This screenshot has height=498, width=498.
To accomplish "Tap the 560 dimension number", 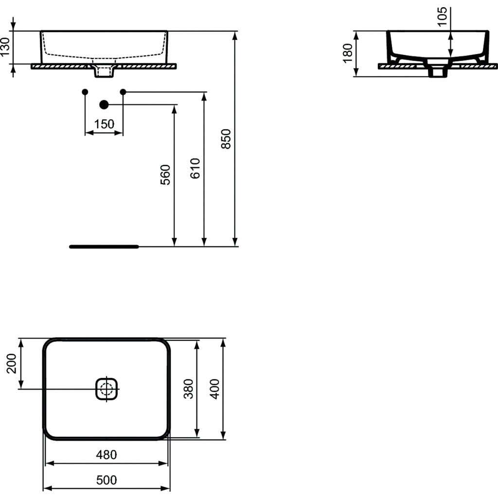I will click(x=166, y=175).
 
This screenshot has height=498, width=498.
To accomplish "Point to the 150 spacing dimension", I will click(x=104, y=124).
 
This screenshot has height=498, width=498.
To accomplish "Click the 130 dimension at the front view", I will click(x=5, y=48).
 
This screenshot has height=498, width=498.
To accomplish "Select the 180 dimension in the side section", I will click(x=347, y=53).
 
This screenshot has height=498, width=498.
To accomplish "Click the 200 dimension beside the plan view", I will click(x=12, y=363).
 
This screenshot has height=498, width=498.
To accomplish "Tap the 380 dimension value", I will click(x=189, y=389).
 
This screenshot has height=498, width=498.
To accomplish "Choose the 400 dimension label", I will click(x=215, y=389).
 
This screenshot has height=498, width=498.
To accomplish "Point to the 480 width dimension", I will click(x=107, y=455).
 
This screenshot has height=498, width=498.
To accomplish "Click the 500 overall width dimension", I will click(x=107, y=480).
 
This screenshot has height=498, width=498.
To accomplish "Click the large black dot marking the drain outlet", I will click(x=104, y=105).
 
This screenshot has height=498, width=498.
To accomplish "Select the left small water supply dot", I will click(x=85, y=91).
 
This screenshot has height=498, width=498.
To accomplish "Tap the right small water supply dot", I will click(x=123, y=91).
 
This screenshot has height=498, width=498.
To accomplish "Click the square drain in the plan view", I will click(x=107, y=389).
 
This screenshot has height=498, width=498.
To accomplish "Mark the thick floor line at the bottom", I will click(x=104, y=247).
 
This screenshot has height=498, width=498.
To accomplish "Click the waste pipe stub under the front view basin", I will click(x=104, y=72).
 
